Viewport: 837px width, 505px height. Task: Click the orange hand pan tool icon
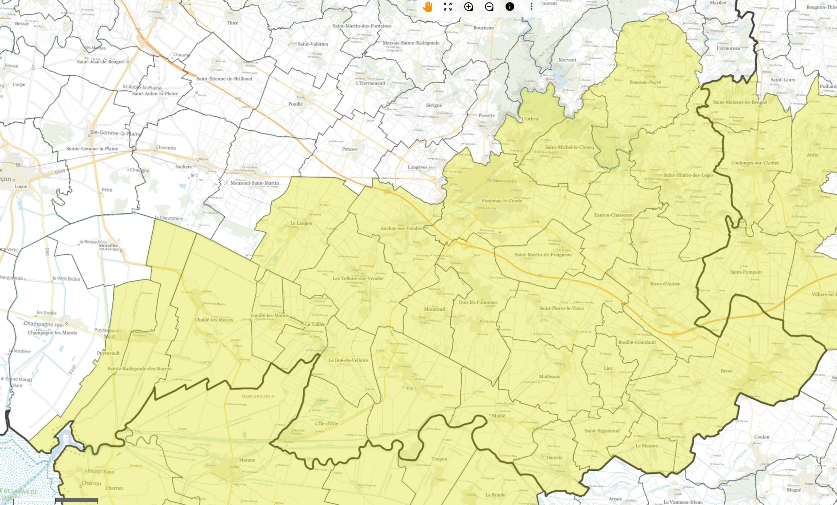[x=427, y=7]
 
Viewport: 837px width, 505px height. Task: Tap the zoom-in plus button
[x=469, y=7]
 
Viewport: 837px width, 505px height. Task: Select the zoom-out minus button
[x=489, y=7]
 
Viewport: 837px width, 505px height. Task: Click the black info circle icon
[x=509, y=7]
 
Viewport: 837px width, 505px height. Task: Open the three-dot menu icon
[x=531, y=7]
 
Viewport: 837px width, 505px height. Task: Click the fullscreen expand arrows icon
[x=448, y=7]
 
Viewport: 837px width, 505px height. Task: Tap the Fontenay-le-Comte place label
[x=502, y=201]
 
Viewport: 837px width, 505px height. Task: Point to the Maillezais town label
[x=549, y=376]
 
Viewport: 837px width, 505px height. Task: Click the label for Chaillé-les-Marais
[x=214, y=320]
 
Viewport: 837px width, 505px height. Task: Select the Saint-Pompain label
[x=746, y=272]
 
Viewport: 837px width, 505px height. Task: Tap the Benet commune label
[x=726, y=371]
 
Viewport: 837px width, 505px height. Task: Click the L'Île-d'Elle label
[x=326, y=424]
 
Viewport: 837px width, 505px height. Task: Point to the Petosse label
[x=350, y=149]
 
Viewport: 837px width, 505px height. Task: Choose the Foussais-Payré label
[x=645, y=82]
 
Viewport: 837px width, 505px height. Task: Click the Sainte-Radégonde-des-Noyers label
[x=139, y=369]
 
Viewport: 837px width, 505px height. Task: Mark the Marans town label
[x=247, y=460]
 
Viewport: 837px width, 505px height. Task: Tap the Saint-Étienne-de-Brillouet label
[x=224, y=79]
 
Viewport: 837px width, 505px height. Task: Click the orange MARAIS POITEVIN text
[x=258, y=397]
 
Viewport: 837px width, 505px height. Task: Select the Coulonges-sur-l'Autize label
[x=755, y=163]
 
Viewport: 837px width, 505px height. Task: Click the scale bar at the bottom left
[x=55, y=500]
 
